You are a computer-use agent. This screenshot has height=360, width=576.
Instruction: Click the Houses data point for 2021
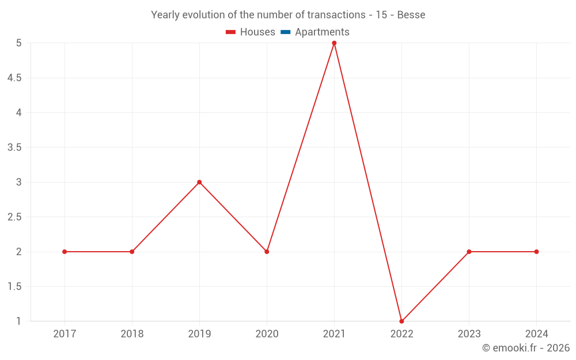(334, 43)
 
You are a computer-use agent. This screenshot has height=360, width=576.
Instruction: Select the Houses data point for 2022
(401, 321)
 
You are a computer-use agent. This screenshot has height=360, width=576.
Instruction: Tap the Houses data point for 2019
(199, 182)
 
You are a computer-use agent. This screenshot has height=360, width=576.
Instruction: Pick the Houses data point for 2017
(65, 252)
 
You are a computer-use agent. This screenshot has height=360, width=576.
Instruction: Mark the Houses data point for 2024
(536, 252)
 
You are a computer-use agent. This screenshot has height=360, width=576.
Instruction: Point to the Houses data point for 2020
(267, 252)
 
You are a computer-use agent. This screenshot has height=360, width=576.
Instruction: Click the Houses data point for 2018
(132, 252)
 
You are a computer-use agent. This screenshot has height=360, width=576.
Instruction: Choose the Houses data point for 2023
(469, 252)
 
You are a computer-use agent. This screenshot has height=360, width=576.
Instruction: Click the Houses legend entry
(251, 32)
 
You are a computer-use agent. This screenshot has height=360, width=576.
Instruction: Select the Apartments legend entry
(315, 32)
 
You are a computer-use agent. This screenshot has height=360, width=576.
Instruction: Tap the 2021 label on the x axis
(334, 334)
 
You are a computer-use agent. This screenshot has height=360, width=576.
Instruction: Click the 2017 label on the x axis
(65, 334)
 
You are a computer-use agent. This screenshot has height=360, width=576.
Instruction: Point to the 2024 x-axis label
(536, 334)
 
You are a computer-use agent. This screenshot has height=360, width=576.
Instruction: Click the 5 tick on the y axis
(18, 43)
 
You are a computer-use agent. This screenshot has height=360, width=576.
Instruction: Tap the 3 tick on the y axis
(18, 182)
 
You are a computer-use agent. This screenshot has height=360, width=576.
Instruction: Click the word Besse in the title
(411, 15)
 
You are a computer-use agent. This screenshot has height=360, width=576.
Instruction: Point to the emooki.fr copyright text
(526, 348)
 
